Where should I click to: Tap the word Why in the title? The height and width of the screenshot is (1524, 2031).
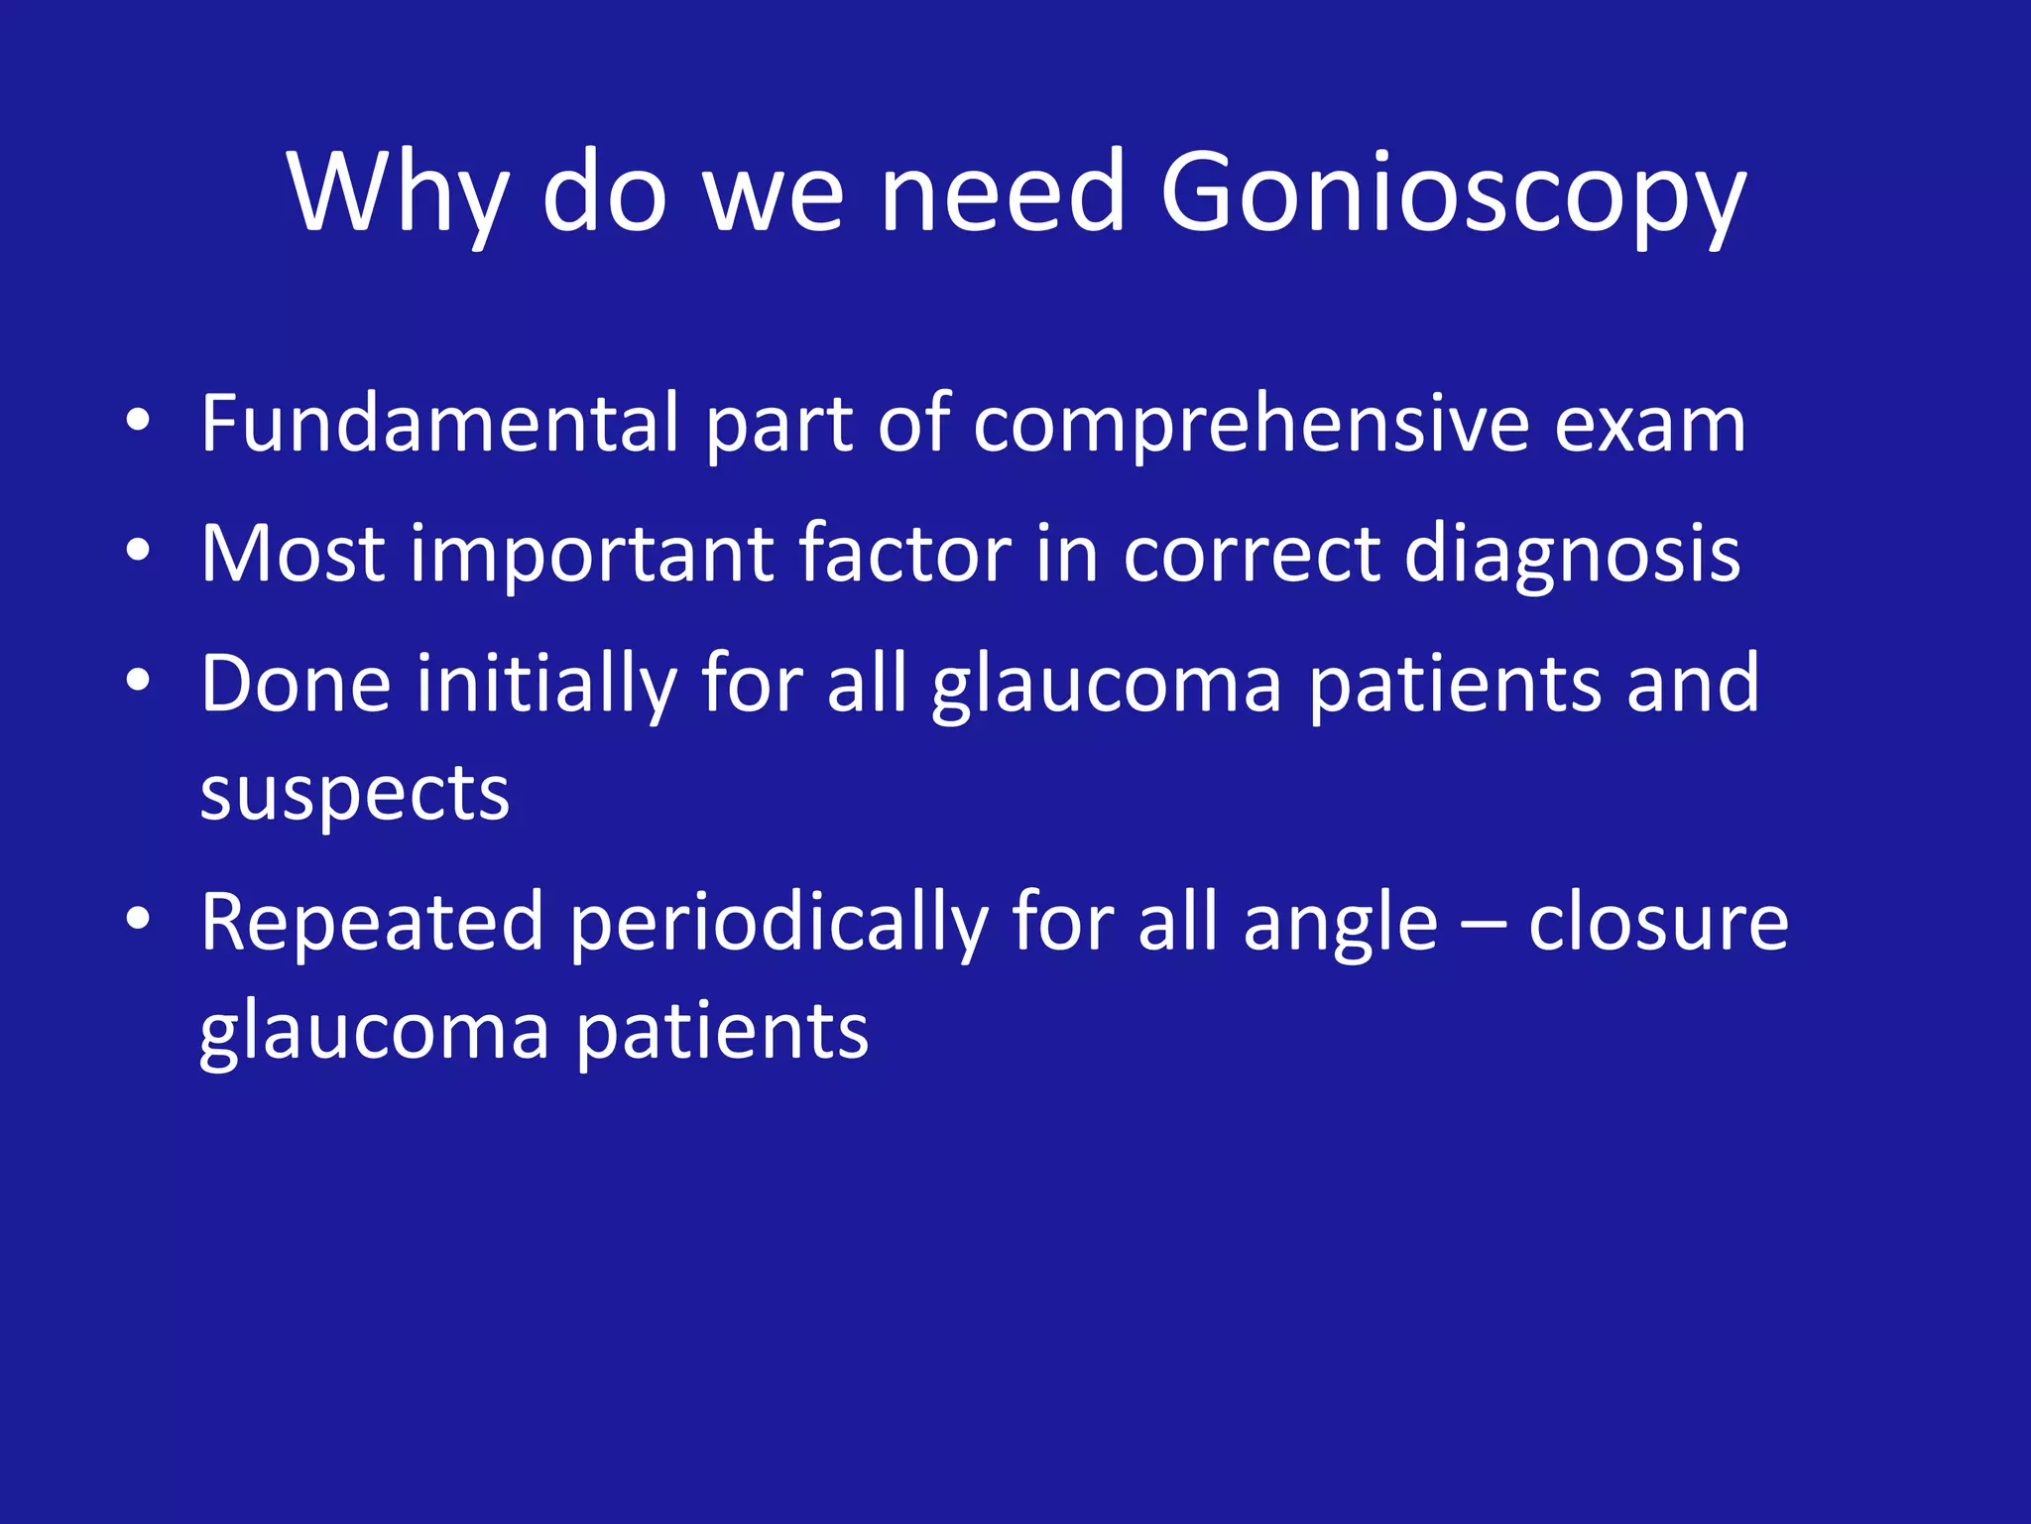tap(398, 193)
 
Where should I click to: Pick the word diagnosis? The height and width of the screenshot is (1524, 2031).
tap(1572, 556)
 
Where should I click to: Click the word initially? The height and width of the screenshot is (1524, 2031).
tap(545, 685)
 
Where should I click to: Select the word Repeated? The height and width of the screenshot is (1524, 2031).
tap(372, 924)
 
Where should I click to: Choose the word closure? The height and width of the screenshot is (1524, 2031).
tap(1658, 924)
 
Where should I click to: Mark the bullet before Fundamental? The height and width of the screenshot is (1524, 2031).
tap(138, 422)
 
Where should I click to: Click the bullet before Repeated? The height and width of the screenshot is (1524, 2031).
tap(138, 920)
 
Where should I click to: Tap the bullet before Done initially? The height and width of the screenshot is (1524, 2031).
tap(138, 681)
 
